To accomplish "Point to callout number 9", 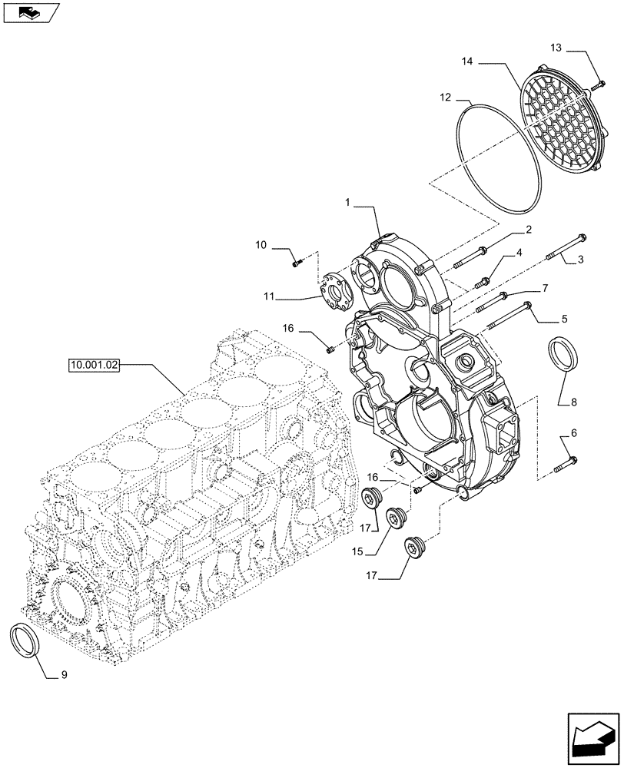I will point(65,675).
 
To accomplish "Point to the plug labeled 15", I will point(397,518).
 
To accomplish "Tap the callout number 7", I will point(544,287).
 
